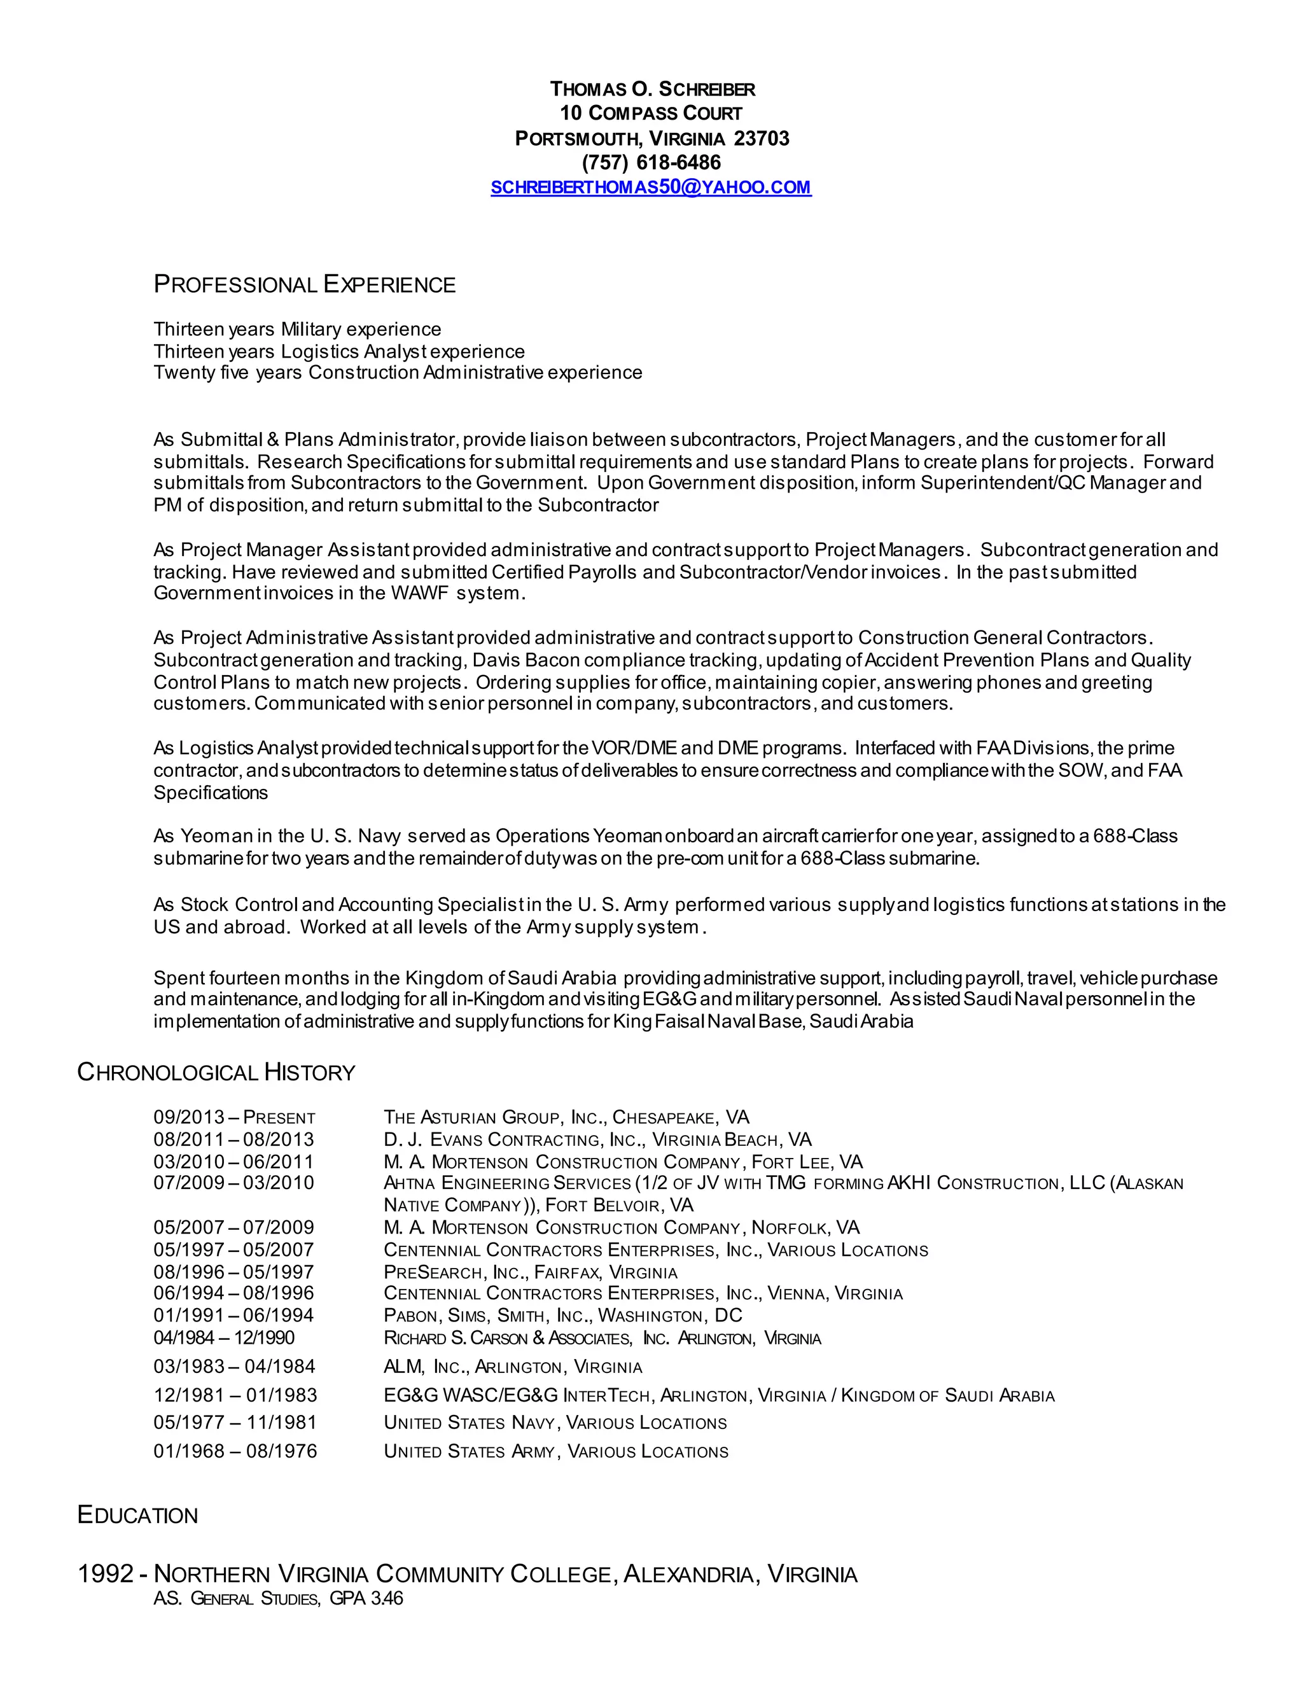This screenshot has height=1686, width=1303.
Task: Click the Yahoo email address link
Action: tap(651, 188)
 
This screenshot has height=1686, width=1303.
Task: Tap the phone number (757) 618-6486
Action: tap(651, 163)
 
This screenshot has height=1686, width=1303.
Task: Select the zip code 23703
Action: tap(761, 139)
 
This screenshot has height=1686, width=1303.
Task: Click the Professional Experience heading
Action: tap(304, 285)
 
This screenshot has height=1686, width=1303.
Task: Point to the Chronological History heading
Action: tap(216, 1072)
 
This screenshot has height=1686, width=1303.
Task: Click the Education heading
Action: tap(137, 1515)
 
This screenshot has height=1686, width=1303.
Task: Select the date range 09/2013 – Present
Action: tap(234, 1118)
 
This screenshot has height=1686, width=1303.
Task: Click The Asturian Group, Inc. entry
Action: tap(566, 1118)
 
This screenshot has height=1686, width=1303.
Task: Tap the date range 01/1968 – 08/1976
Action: tap(235, 1451)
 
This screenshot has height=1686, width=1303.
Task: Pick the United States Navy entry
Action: tap(555, 1423)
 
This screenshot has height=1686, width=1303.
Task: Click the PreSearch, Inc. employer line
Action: tap(531, 1272)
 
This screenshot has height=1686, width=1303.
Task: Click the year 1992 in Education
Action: tap(106, 1574)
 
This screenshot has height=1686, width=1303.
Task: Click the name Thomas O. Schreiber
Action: tap(651, 90)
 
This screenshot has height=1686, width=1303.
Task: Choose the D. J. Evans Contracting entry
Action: tap(597, 1140)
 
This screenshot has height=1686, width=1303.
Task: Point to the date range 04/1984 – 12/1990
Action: tap(224, 1338)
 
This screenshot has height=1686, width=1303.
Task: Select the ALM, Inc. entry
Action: tap(513, 1367)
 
